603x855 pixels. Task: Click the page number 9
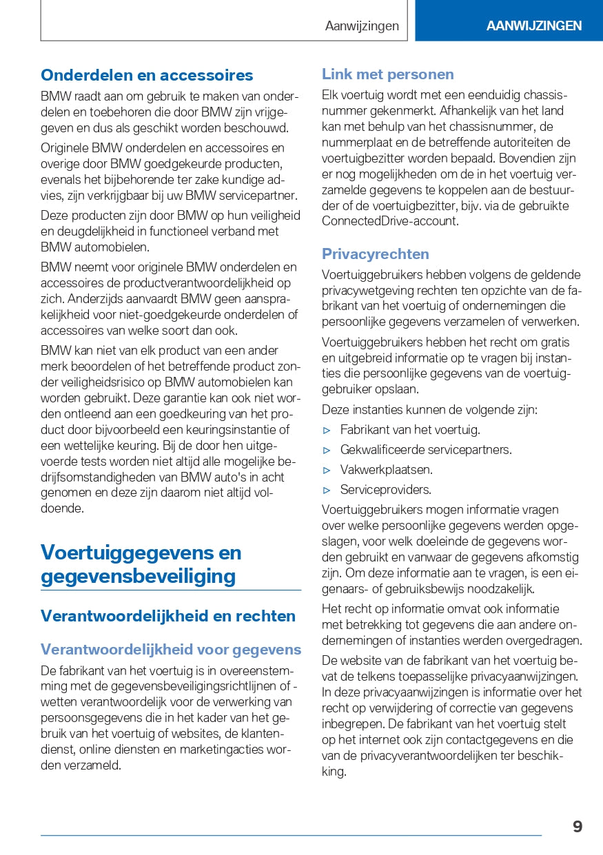point(577,826)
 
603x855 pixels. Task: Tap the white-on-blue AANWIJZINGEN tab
point(533,25)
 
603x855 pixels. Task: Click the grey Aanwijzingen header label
point(362,25)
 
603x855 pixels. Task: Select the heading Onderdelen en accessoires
point(147,75)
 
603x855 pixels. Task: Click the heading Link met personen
point(387,74)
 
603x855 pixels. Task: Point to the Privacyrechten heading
point(375,254)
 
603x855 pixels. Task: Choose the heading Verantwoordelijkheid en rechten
point(167,616)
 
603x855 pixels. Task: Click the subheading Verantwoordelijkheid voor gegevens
point(171,650)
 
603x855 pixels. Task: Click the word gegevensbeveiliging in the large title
point(138,576)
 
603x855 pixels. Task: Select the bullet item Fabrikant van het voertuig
point(410,430)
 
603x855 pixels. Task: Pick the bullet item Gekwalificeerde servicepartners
point(426,450)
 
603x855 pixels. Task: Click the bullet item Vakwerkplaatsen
point(386,470)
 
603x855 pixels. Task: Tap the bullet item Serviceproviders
point(385,490)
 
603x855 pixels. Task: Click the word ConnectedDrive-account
point(389,221)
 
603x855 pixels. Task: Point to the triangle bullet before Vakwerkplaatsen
point(327,470)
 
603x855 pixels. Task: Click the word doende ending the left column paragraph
point(62,509)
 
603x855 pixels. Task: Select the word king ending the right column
point(334,772)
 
